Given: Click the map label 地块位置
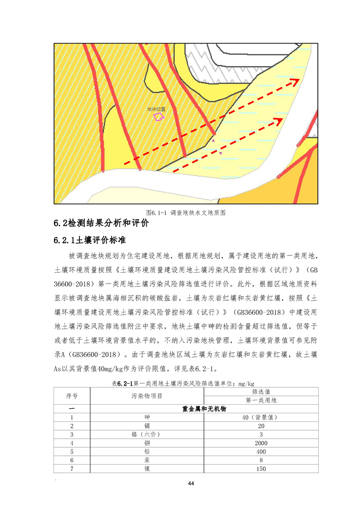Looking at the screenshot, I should tap(156, 109).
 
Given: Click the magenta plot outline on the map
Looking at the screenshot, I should tap(158, 117).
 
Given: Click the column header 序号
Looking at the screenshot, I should tap(72, 396).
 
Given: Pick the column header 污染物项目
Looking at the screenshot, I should tap(147, 396).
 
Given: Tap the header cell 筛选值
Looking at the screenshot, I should tap(261, 392).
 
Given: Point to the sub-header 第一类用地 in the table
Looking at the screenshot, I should tap(261, 400).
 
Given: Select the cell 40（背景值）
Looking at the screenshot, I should tap(261, 417).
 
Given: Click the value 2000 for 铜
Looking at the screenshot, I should tap(261, 443).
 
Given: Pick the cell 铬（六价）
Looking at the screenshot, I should tap(147, 435).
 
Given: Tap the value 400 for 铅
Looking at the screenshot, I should tap(261, 452).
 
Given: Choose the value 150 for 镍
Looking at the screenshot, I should tap(261, 469).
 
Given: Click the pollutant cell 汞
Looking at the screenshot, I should tap(147, 460).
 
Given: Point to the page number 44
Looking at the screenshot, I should tap(191, 483).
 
